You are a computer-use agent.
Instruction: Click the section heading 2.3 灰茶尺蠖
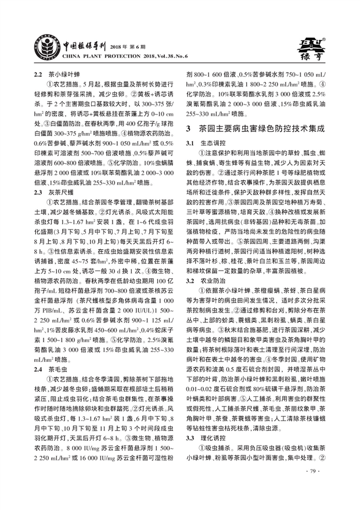tap(56, 191)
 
